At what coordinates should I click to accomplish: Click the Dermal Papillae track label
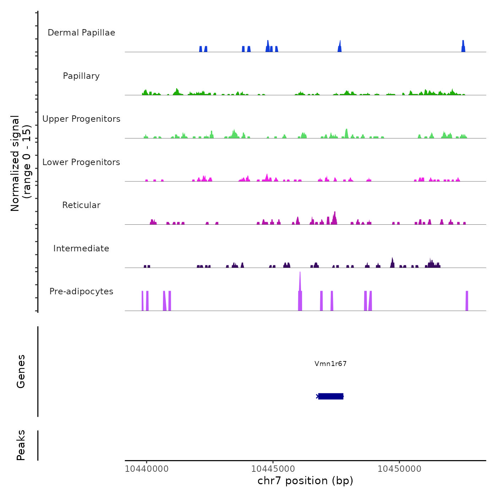(x=81, y=33)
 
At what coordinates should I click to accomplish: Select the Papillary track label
(x=81, y=76)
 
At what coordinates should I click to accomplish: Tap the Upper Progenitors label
(x=81, y=119)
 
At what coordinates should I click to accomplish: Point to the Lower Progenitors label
(x=81, y=162)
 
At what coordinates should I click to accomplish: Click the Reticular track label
(x=81, y=205)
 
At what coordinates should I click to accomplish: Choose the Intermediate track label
(x=81, y=248)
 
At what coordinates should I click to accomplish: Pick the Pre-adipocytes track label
(x=81, y=291)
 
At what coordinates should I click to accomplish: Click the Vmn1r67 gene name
(x=331, y=364)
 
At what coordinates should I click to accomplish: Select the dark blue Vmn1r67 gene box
(x=331, y=396)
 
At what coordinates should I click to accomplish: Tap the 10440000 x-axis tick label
(x=147, y=469)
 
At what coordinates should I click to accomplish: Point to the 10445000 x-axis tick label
(x=273, y=469)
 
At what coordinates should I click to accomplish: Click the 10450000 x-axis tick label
(x=399, y=469)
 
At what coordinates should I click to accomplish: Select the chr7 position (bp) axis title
(x=305, y=481)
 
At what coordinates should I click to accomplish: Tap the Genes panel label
(x=21, y=371)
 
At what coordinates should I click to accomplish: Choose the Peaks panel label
(x=21, y=445)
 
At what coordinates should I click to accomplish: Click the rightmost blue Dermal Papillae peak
(x=463, y=47)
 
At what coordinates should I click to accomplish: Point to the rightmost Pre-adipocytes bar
(x=467, y=301)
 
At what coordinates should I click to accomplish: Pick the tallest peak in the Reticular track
(x=334, y=217)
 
